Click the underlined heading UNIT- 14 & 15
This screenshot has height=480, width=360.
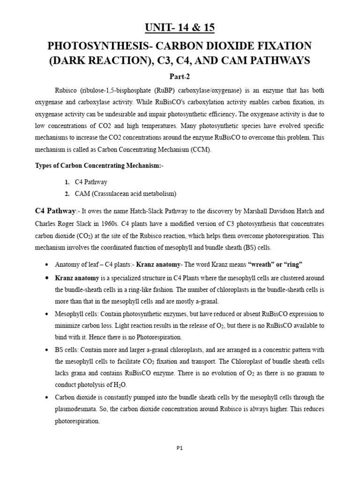[180, 28]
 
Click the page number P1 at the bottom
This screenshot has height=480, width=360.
[180, 448]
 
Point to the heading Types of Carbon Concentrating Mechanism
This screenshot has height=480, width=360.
[99, 166]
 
